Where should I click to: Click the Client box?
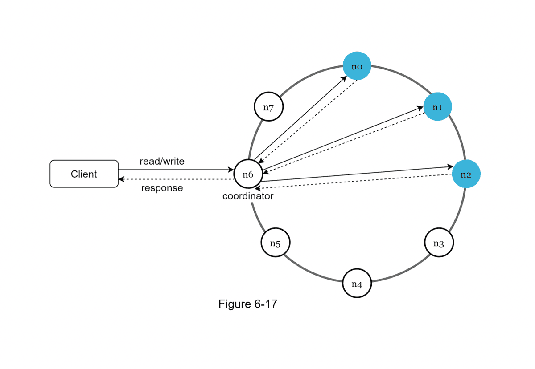84,174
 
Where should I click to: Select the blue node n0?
357,67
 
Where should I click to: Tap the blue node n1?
437,107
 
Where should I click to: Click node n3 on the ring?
439,243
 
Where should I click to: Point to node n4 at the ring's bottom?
357,283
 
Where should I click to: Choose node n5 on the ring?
275,243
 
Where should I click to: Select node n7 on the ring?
268,107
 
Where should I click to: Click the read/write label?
162,162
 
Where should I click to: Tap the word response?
162,188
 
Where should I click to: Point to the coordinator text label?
248,196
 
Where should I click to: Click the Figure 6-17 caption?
248,304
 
